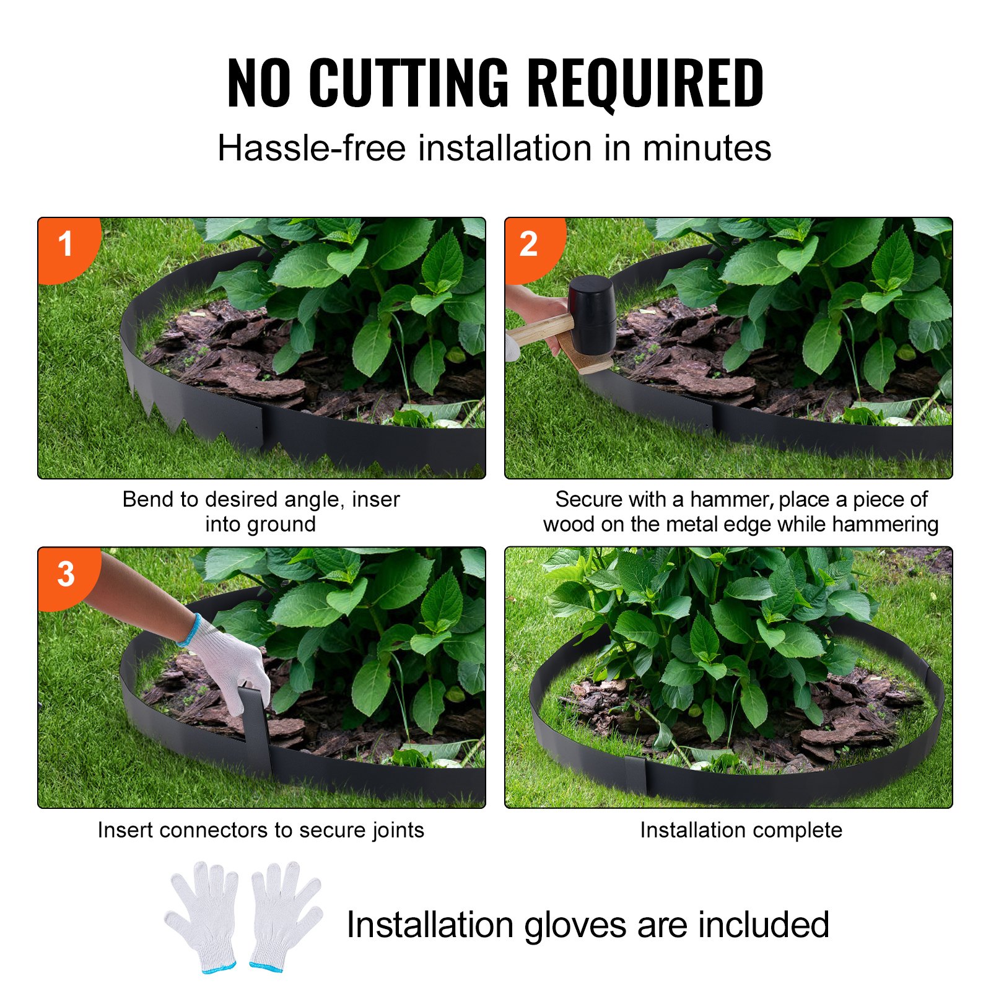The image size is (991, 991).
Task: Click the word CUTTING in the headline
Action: point(409,82)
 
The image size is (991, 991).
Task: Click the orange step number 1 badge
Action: point(66,244)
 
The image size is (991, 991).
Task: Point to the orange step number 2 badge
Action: point(529,244)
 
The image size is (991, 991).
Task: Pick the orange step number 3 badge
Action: point(66,574)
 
